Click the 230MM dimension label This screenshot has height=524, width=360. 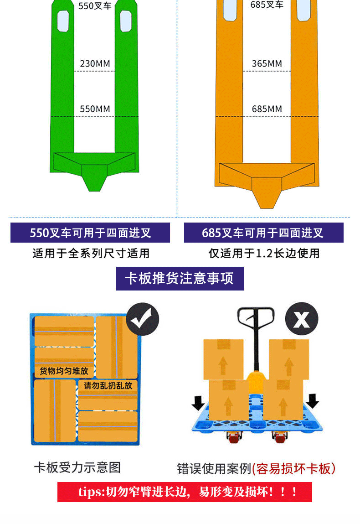tap(95, 63)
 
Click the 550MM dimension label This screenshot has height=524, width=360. tap(95, 109)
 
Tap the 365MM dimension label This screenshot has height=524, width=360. tap(267, 63)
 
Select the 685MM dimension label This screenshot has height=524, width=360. tap(267, 109)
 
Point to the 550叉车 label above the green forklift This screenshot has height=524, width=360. tap(95, 7)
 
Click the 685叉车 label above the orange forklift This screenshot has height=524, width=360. tap(267, 5)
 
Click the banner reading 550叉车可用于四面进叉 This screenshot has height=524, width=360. tap(90, 233)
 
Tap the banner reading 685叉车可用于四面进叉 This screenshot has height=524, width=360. tap(263, 233)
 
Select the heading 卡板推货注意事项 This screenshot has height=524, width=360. tap(180, 279)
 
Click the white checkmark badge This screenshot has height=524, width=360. tap(142, 319)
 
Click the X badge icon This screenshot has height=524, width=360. tap(301, 319)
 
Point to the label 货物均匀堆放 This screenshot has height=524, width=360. tap(64, 370)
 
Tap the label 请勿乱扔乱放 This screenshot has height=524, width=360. tap(108, 385)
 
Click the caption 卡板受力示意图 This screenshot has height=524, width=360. tap(77, 467)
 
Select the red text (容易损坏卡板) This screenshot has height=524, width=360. tap(293, 468)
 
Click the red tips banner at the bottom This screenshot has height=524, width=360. tap(185, 492)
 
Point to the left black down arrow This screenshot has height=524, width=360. tap(198, 402)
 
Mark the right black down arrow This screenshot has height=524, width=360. tap(313, 400)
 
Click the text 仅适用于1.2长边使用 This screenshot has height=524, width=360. tap(264, 254)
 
